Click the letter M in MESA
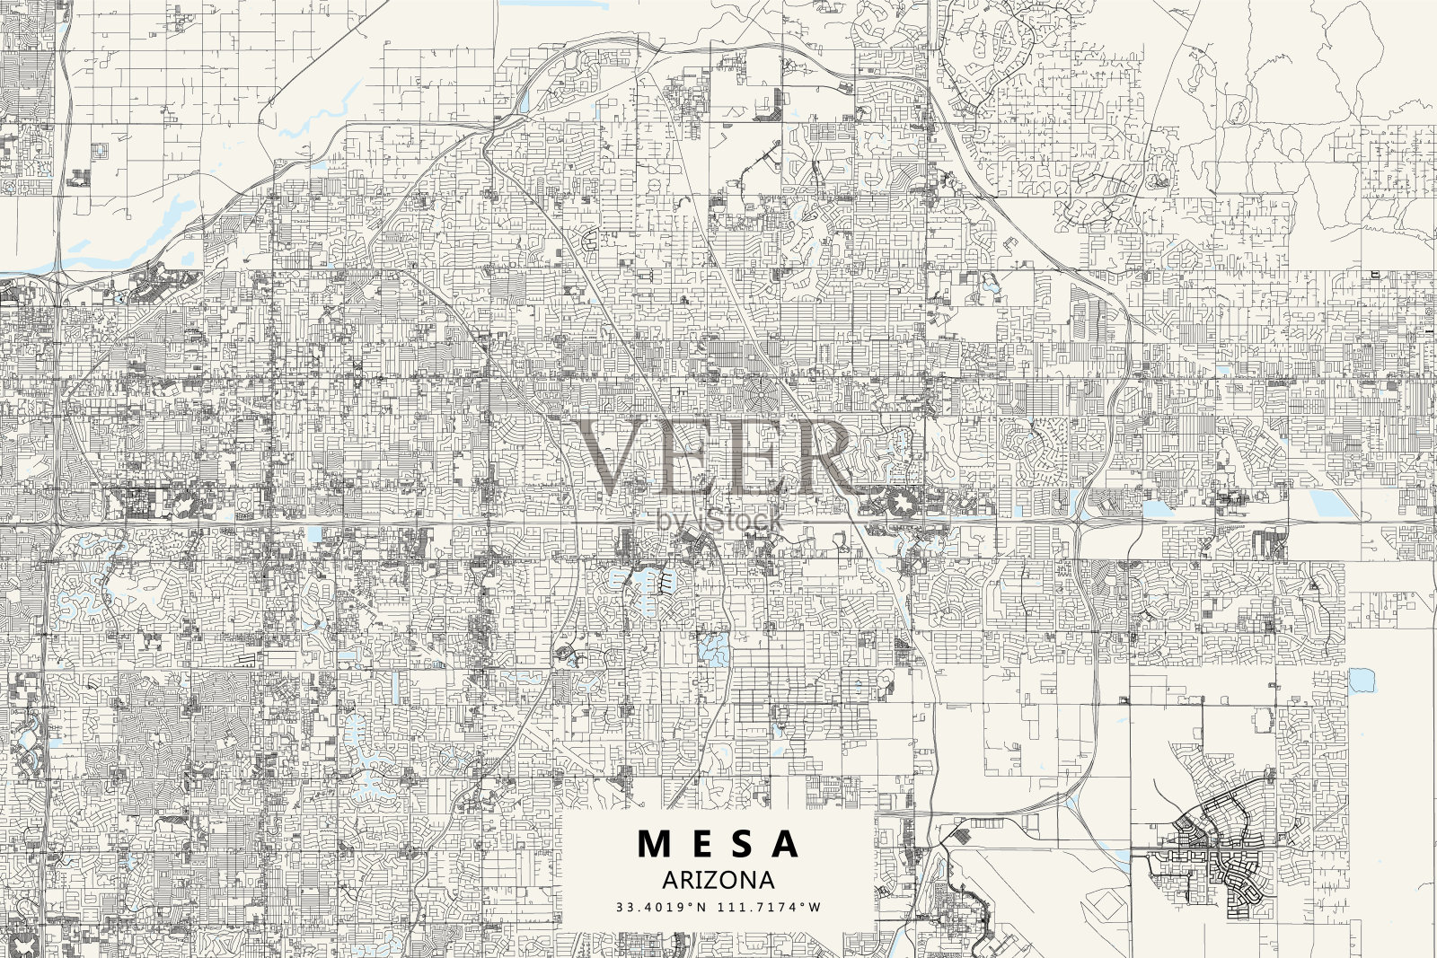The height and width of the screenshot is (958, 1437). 654,844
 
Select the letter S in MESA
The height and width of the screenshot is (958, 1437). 743,844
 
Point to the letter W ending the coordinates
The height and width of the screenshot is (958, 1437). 815,908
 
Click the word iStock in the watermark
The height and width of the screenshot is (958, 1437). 738,519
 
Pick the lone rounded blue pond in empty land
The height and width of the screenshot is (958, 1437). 1362,680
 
